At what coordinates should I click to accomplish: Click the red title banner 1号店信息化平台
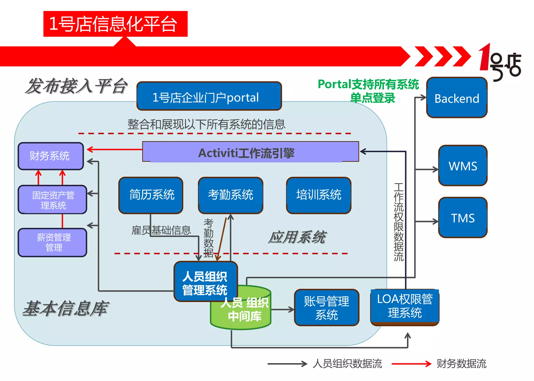115,24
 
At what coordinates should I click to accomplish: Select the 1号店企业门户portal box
209,96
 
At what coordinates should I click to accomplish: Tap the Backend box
457,98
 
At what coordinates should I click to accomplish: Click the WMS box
463,166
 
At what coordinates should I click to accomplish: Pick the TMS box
463,218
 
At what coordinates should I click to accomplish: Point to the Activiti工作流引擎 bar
250,152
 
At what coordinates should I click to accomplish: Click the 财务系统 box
51,156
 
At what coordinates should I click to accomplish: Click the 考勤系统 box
230,195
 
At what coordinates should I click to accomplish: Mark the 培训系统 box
318,195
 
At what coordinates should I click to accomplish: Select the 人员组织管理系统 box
205,282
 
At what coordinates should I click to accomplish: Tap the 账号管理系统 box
326,308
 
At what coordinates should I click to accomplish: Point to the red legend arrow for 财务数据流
411,364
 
